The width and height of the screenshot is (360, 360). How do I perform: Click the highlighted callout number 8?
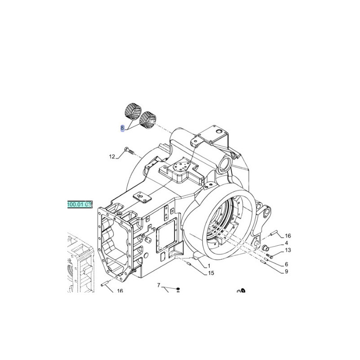(x=122, y=128)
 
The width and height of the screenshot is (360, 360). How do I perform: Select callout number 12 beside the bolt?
(x=112, y=157)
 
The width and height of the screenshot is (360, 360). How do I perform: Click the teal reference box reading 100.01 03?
(x=80, y=204)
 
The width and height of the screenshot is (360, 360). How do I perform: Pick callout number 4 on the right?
(x=286, y=243)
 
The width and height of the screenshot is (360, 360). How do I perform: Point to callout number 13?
(x=288, y=250)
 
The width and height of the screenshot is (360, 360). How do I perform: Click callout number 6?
(x=286, y=264)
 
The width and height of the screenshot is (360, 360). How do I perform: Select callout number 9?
(x=286, y=271)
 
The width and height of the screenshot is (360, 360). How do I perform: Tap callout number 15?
(x=211, y=273)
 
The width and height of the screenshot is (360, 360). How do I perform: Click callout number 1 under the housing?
(x=209, y=266)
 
